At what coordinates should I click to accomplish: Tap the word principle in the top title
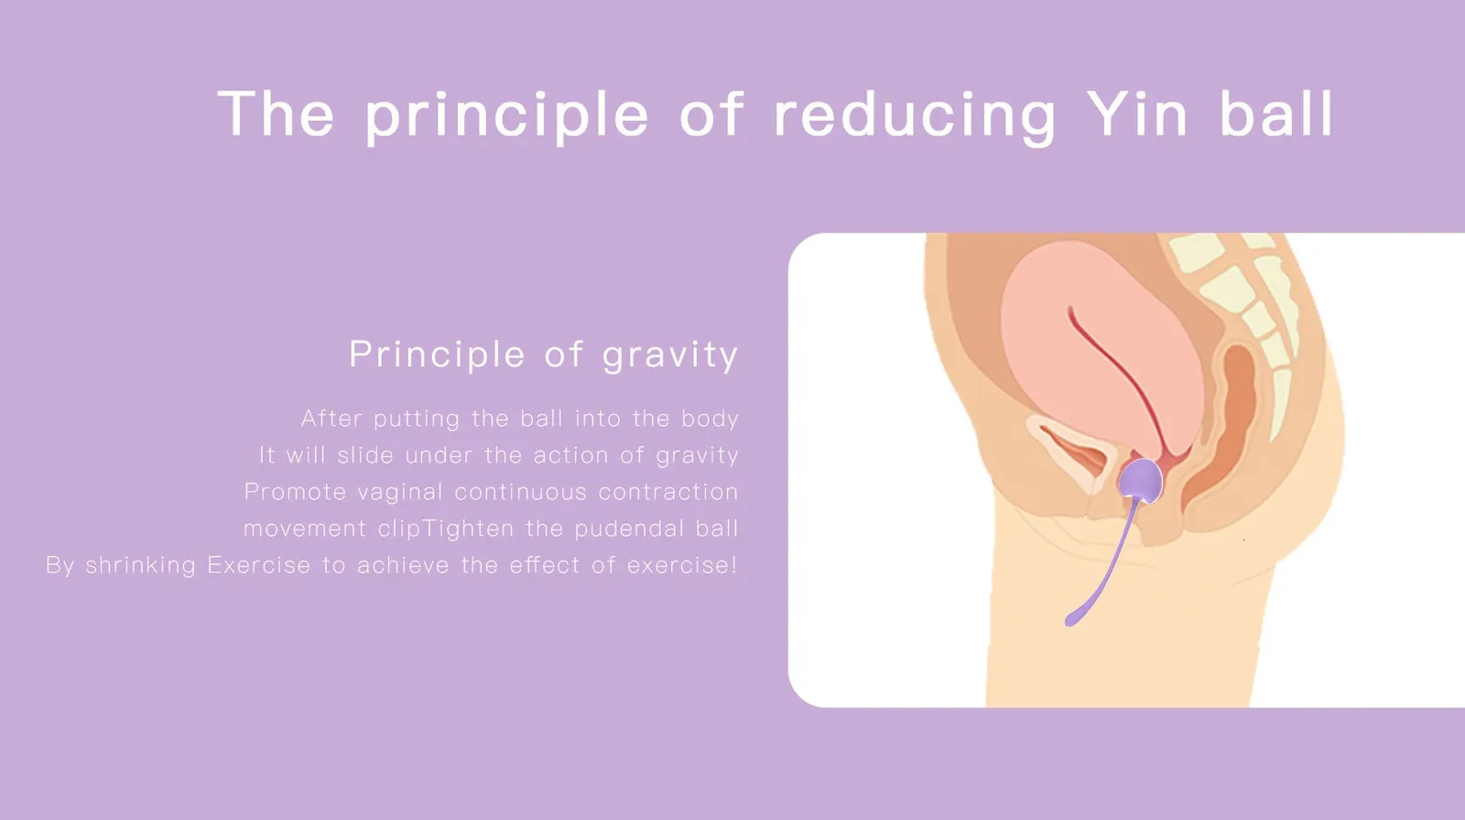507,117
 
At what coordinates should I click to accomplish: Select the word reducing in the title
915,117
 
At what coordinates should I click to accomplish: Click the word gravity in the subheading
670,356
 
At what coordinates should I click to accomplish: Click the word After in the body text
331,418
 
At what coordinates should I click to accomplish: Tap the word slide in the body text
365,454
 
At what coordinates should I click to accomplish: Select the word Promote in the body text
295,492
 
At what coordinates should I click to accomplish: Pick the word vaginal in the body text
400,492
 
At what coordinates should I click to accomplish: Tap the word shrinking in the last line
141,565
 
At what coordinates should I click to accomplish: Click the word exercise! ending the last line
682,565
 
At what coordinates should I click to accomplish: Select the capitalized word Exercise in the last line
258,565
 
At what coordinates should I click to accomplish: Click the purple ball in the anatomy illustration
1141,481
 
